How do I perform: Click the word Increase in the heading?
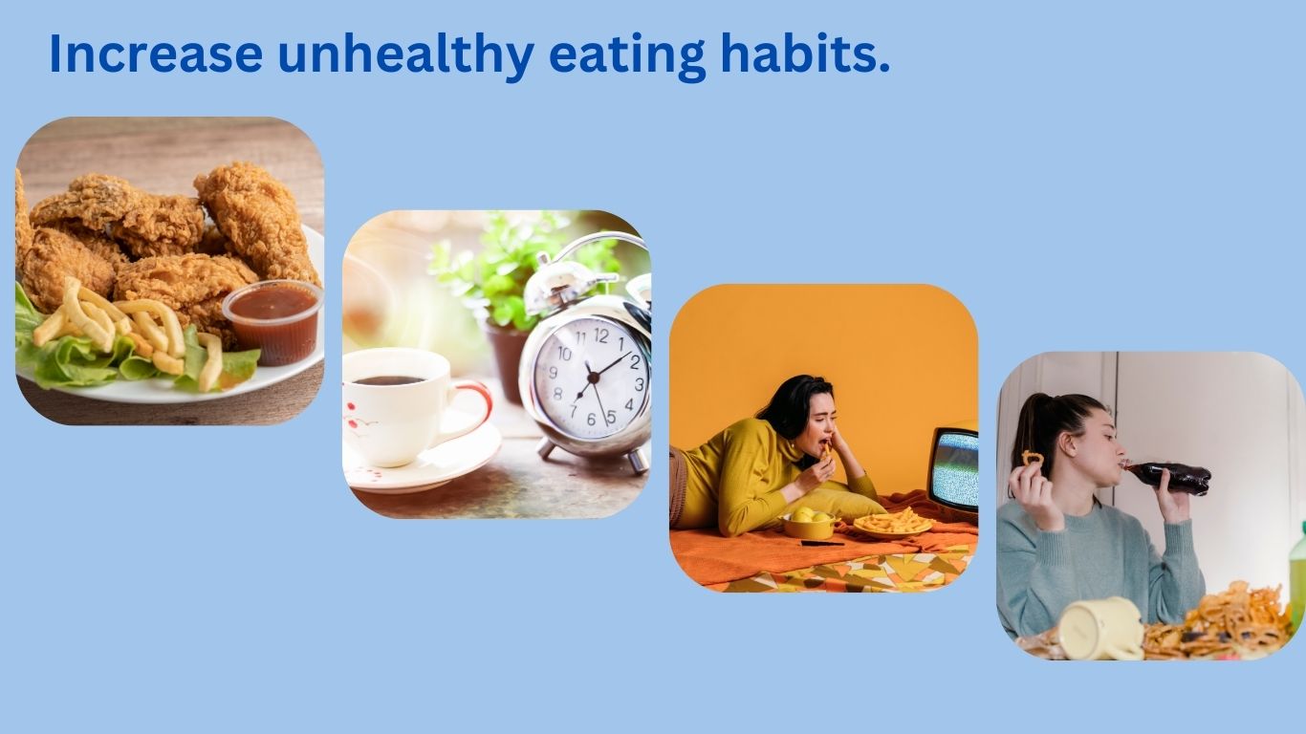coord(156,54)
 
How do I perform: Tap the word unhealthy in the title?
coord(405,56)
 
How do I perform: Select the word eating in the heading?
coord(627,56)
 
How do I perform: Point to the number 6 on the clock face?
coord(591,420)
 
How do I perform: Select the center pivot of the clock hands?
coord(593,378)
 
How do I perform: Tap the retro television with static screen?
coord(953,468)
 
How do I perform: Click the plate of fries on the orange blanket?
coord(892,523)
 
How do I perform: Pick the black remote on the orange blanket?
coord(822,544)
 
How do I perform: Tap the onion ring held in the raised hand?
coord(1032,458)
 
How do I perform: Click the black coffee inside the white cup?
coord(389,380)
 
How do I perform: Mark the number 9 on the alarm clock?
coord(553,373)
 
